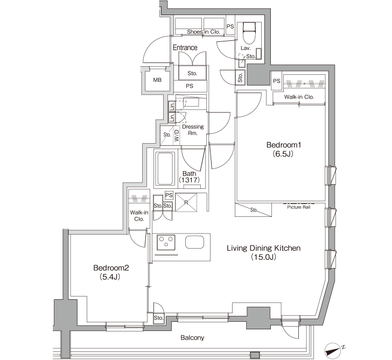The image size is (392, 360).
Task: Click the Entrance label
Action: (x=185, y=47)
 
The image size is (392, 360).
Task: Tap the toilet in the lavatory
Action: (x=249, y=31)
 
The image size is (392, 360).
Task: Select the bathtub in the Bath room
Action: (x=165, y=168)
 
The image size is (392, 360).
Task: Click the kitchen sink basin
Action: (x=194, y=242)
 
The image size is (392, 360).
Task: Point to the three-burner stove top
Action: (x=166, y=242)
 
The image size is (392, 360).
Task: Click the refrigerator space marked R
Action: (x=186, y=202)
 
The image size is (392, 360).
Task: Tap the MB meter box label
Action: (x=157, y=80)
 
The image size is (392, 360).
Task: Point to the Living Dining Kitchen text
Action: (x=263, y=248)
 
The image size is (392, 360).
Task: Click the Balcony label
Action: (x=192, y=338)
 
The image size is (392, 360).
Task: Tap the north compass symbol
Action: (x=333, y=350)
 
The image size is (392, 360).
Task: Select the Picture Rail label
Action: (x=299, y=207)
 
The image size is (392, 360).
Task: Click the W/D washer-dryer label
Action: (x=177, y=136)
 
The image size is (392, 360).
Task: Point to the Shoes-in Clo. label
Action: (x=204, y=32)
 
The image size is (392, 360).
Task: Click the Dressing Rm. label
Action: (x=193, y=130)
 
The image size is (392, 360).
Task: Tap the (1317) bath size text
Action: (x=189, y=180)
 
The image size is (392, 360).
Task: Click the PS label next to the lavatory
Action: (x=230, y=26)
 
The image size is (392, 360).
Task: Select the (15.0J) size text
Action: (x=263, y=257)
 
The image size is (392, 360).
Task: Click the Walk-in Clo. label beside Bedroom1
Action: (x=299, y=97)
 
